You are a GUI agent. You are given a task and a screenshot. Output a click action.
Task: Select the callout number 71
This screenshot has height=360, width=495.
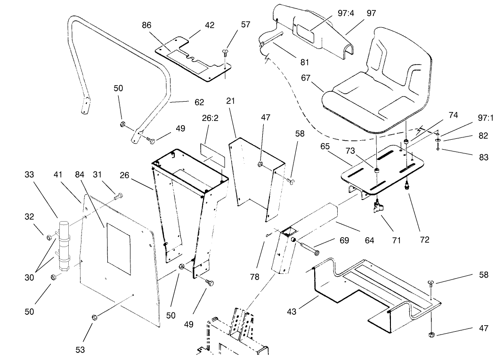pyautogui.click(x=396, y=240)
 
